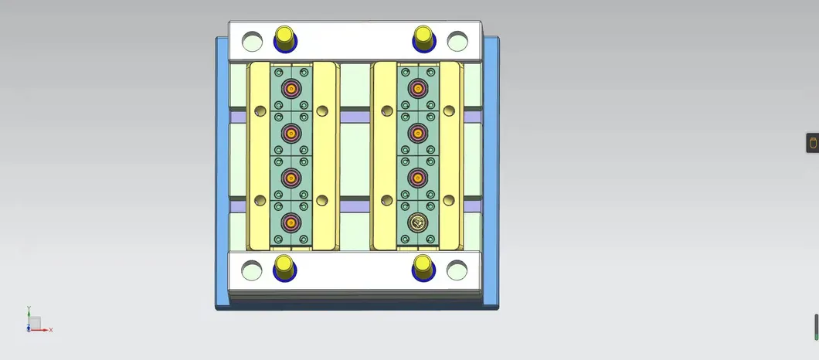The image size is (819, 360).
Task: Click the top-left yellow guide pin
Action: [x=284, y=38]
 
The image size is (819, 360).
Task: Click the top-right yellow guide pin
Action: [x=423, y=38]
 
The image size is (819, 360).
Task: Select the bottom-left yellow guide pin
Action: [x=284, y=267]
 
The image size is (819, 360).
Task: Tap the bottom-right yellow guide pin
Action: [x=423, y=267]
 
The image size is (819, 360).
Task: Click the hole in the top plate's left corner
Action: [x=252, y=41]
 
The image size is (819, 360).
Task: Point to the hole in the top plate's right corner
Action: [x=457, y=41]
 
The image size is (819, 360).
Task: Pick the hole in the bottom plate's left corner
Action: [x=251, y=270]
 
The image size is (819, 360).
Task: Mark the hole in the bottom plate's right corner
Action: [x=457, y=270]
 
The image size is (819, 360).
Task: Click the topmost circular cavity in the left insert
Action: [x=291, y=89]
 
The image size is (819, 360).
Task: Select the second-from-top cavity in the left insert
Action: [x=291, y=134]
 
